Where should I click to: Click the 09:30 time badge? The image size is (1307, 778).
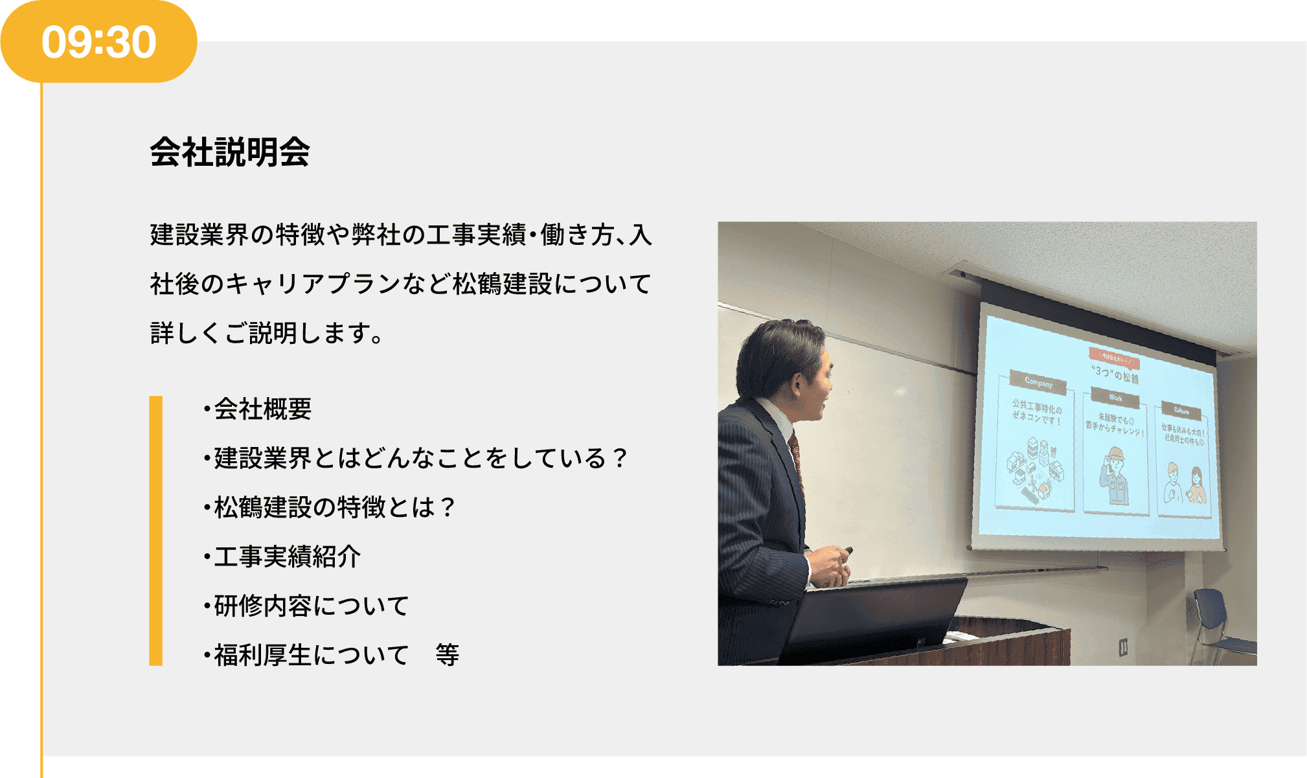coord(98,42)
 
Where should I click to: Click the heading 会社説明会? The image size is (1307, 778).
coord(230,153)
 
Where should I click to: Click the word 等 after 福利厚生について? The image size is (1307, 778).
coord(448,656)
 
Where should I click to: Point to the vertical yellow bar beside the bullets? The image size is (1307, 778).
coord(156,531)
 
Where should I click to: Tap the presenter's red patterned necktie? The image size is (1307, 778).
coord(796,453)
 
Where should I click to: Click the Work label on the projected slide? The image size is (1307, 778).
coord(1115,398)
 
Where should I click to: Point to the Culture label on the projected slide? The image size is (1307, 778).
coord(1181,411)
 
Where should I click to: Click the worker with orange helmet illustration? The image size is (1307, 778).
coord(1114,475)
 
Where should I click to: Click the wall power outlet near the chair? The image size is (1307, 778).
coord(1123,646)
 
